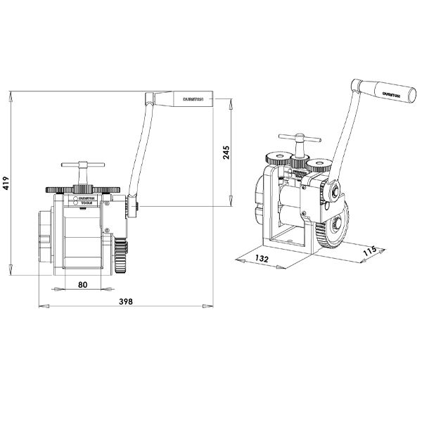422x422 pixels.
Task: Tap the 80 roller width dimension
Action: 83,284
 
